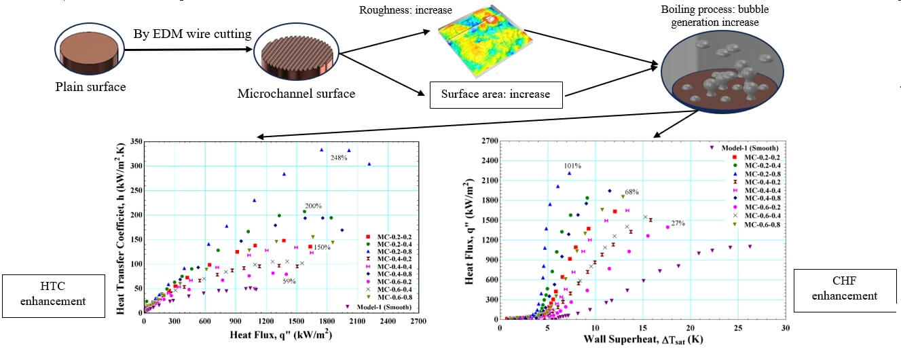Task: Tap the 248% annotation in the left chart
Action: coord(339,158)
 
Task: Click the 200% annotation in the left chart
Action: coord(312,205)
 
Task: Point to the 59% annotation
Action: coord(289,281)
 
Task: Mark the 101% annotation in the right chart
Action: coord(573,166)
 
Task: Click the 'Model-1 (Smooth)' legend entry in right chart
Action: coord(750,147)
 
